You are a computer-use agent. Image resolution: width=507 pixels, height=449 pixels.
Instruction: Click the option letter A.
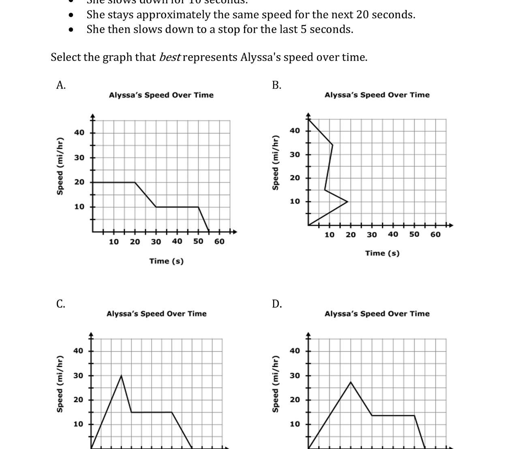coord(61,85)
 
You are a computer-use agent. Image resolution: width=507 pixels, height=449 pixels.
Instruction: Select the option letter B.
coord(276,85)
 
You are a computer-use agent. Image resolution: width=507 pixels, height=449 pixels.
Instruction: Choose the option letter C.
coord(61,304)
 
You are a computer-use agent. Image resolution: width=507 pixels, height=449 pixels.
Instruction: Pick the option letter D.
coord(276,304)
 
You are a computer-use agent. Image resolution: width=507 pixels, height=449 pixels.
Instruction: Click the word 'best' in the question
coord(169,57)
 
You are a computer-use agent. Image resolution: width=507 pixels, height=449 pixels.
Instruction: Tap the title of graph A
coord(161,95)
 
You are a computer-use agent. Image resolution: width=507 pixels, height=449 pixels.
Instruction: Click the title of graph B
coord(377,95)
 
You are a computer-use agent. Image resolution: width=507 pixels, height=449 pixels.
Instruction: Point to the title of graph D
coord(377,314)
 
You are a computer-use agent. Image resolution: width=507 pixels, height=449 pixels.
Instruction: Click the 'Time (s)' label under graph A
coord(166,261)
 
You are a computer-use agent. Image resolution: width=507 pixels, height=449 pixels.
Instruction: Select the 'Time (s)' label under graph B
coord(382,253)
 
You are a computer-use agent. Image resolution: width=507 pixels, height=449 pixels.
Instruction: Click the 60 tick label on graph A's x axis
coord(219,242)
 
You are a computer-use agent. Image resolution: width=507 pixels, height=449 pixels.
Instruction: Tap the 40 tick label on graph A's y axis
coord(79,132)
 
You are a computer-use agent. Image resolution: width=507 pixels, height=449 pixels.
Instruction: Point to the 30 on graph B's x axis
coord(372,234)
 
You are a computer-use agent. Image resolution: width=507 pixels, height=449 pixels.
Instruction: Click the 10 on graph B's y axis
coord(295,201)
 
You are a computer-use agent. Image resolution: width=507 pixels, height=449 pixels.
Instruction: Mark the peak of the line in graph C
coord(121,376)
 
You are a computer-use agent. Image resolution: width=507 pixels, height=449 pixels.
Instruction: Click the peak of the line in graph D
coord(351,382)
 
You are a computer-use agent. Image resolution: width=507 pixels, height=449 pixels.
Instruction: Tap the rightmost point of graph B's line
coord(347,201)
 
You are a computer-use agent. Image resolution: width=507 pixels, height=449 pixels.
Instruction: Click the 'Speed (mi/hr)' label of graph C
coord(60,384)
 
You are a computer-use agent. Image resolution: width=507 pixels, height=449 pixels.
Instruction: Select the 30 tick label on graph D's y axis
coord(295,376)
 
